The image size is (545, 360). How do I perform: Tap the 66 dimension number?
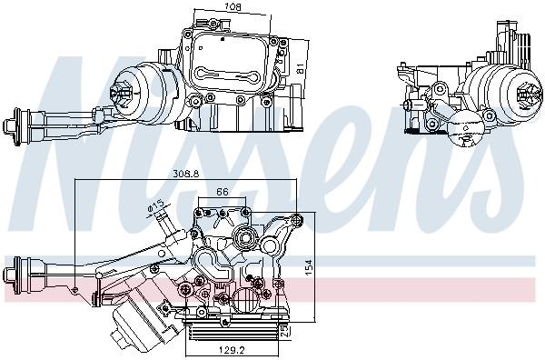click(x=223, y=190)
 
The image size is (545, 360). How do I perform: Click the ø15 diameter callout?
click(x=155, y=205)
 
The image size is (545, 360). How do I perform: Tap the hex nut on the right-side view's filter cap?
click(x=524, y=91)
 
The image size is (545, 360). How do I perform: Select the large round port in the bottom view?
click(x=243, y=240)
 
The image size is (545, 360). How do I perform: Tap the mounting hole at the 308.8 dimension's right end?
click(x=299, y=218)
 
